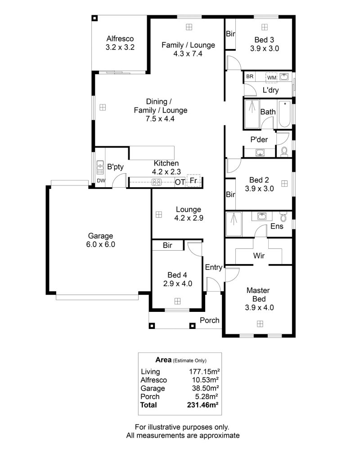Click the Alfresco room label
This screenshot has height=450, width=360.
coord(120,39)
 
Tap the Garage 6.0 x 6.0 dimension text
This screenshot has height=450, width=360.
coord(100,244)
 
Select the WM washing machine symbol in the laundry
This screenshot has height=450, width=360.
coord(271,77)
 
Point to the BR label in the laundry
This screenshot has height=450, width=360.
coord(250,76)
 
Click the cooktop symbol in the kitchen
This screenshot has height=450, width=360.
coord(157,182)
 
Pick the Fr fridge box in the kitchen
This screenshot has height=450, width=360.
coord(193,180)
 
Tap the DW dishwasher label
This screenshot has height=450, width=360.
coord(101,181)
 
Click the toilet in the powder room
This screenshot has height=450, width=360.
coord(284,152)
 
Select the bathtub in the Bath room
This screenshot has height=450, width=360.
coord(284,114)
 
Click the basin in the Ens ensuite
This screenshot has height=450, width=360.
coord(261,216)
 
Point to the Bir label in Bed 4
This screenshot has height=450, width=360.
coord(167,245)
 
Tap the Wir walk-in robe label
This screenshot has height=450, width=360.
coord(259,256)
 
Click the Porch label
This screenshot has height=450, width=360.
coord(210,320)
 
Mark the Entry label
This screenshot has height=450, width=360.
coord(214,267)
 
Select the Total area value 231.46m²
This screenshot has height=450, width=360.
coord(202,405)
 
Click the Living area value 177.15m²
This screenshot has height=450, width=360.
coord(204,372)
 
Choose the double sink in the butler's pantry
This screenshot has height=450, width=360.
coord(100,167)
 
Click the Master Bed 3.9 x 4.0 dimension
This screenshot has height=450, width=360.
coord(259,308)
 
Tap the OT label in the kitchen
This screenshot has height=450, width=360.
coord(180,182)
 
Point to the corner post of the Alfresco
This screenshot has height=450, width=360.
coord(94,18)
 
